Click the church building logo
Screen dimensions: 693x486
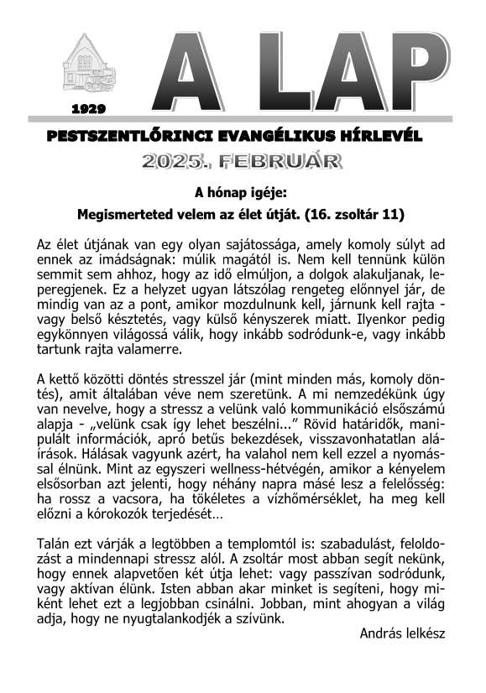tap(88, 64)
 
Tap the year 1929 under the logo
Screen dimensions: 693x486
tap(88, 109)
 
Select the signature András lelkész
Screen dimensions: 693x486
tap(402, 635)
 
